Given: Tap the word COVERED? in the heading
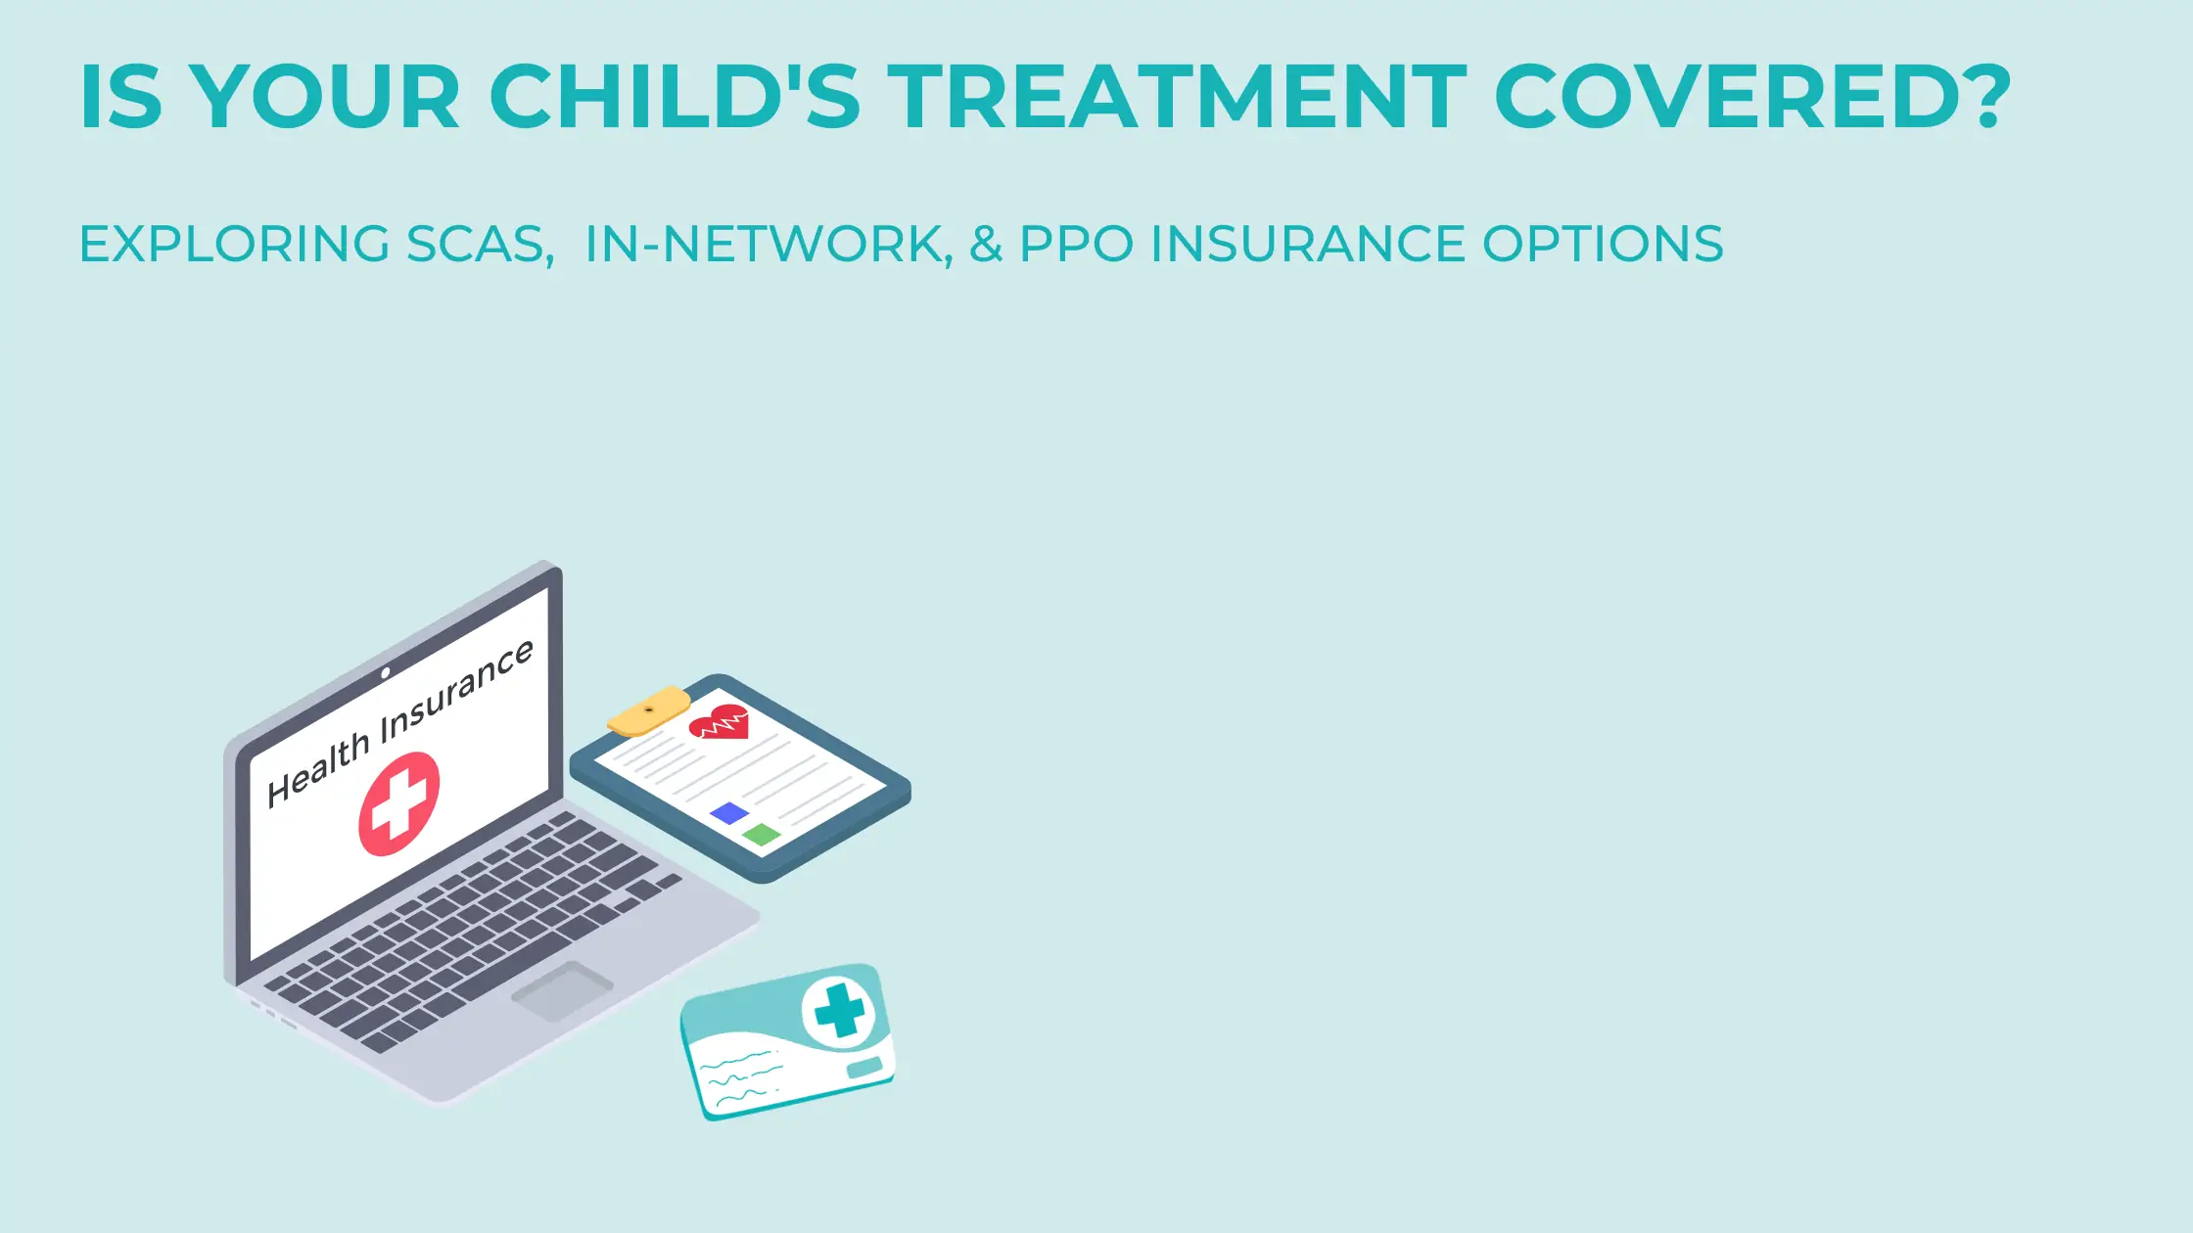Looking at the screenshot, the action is point(1752,96).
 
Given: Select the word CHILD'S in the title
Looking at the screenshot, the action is point(675,96).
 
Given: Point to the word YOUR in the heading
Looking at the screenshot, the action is point(325,96).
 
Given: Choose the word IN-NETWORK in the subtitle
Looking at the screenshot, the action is point(769,244).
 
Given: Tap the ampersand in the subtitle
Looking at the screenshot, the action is point(987,244).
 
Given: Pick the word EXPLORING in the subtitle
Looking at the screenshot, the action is point(235,244).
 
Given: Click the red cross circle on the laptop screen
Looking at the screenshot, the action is point(399,803).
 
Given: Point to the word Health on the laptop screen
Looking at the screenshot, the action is point(317,771).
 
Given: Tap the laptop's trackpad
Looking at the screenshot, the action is point(562,990).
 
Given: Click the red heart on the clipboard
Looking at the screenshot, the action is point(719,722).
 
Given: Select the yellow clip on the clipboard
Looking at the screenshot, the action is point(648,710).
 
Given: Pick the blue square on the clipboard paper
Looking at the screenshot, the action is point(729,813).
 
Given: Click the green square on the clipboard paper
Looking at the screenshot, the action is point(762,835).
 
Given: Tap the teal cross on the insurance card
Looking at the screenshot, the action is point(840,1010).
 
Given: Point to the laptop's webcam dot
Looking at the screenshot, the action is point(386,672).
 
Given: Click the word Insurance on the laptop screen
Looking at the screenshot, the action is point(457,690).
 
